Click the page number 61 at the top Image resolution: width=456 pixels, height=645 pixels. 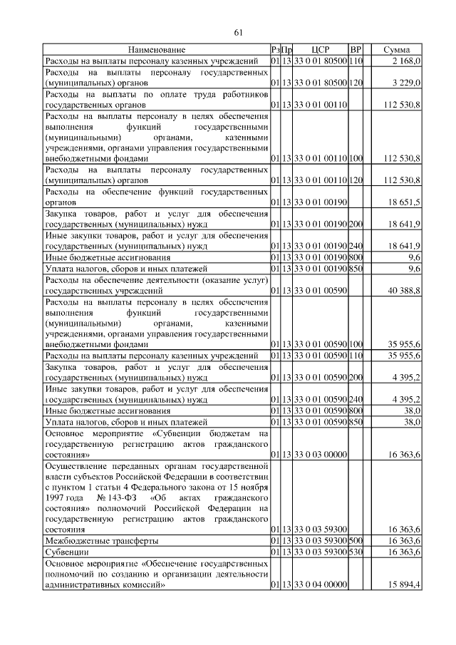(238, 32)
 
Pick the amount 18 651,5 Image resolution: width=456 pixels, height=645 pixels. (405, 203)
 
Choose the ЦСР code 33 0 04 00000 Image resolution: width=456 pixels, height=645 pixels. (319, 585)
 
